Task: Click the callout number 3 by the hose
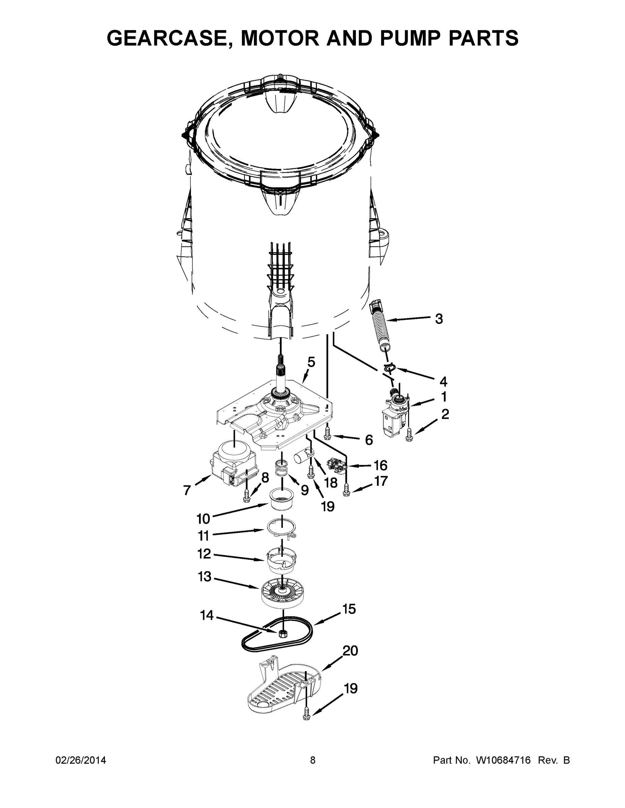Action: click(x=439, y=318)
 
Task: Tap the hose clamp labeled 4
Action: click(x=389, y=367)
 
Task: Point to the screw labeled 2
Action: click(x=409, y=434)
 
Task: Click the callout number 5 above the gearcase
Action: click(x=311, y=362)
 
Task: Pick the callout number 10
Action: click(x=203, y=519)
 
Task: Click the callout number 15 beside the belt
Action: click(x=349, y=609)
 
